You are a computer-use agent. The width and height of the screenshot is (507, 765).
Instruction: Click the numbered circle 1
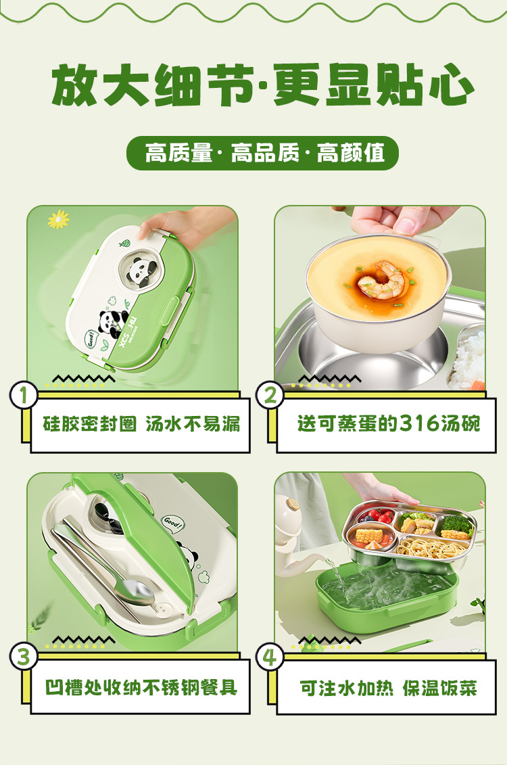[x=24, y=395]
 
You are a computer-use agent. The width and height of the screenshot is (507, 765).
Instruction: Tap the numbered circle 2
[x=270, y=395]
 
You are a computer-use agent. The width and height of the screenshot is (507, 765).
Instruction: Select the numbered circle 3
[x=24, y=656]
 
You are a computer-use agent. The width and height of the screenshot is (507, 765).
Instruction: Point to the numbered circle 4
[x=270, y=656]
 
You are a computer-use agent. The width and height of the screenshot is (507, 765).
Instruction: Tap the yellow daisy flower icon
[x=59, y=219]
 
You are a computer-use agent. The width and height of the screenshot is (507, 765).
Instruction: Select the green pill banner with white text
[x=262, y=153]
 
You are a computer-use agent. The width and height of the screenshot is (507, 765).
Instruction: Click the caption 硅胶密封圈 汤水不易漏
[x=141, y=424]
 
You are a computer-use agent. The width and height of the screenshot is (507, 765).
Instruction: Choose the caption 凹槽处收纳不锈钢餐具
[x=141, y=687]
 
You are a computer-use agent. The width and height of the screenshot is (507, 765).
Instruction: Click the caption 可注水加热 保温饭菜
[x=388, y=688]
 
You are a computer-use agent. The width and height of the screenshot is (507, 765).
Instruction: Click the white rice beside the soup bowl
[x=467, y=358]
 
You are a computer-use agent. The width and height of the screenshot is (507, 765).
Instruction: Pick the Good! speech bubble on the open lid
[x=172, y=524]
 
